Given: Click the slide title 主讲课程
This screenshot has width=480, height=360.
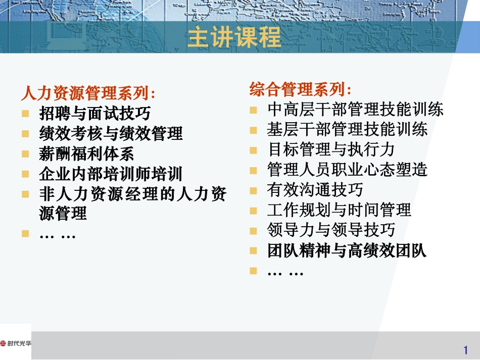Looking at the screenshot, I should click(234, 38).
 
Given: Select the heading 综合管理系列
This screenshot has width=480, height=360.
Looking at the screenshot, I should click(300, 89).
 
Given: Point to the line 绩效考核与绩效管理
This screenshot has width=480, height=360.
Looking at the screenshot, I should click(111, 133).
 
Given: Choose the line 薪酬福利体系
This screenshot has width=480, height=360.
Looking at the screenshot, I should click(86, 153).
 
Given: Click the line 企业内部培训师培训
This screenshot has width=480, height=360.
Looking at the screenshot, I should click(111, 174).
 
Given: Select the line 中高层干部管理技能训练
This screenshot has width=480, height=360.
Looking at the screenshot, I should click(355, 109).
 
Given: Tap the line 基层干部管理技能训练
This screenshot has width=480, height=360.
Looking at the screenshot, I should click(347, 129).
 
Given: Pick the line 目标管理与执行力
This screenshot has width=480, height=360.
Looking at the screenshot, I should click(331, 149).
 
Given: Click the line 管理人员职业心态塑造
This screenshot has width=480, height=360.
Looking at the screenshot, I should click(347, 170).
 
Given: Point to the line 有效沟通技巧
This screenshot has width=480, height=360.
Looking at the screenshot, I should click(315, 190).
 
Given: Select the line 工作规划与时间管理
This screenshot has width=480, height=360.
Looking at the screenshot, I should click(339, 210).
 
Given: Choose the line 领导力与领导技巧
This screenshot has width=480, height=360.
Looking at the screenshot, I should click(331, 230).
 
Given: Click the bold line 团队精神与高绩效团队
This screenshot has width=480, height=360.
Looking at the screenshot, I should click(347, 250).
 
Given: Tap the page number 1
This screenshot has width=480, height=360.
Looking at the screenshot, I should click(465, 350).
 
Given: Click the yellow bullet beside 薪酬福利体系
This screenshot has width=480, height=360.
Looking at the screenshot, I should click(25, 153).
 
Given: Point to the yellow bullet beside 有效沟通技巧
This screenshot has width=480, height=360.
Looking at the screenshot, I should click(254, 190).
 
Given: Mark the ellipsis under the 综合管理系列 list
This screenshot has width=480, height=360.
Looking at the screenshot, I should click(285, 272).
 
